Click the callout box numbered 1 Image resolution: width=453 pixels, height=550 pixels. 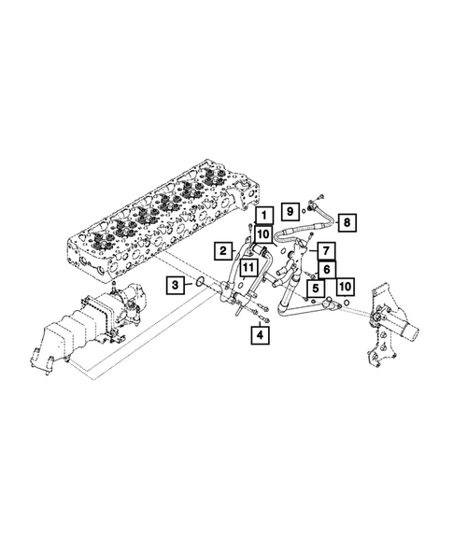pos(264,216)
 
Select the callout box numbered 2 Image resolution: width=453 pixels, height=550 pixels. pos(222,250)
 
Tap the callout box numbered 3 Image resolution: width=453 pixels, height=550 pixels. pos(176,284)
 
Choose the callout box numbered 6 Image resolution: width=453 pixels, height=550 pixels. pos(328,269)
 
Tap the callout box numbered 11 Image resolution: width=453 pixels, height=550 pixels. pos(246,268)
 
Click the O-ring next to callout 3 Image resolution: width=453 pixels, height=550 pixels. pos(199,281)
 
